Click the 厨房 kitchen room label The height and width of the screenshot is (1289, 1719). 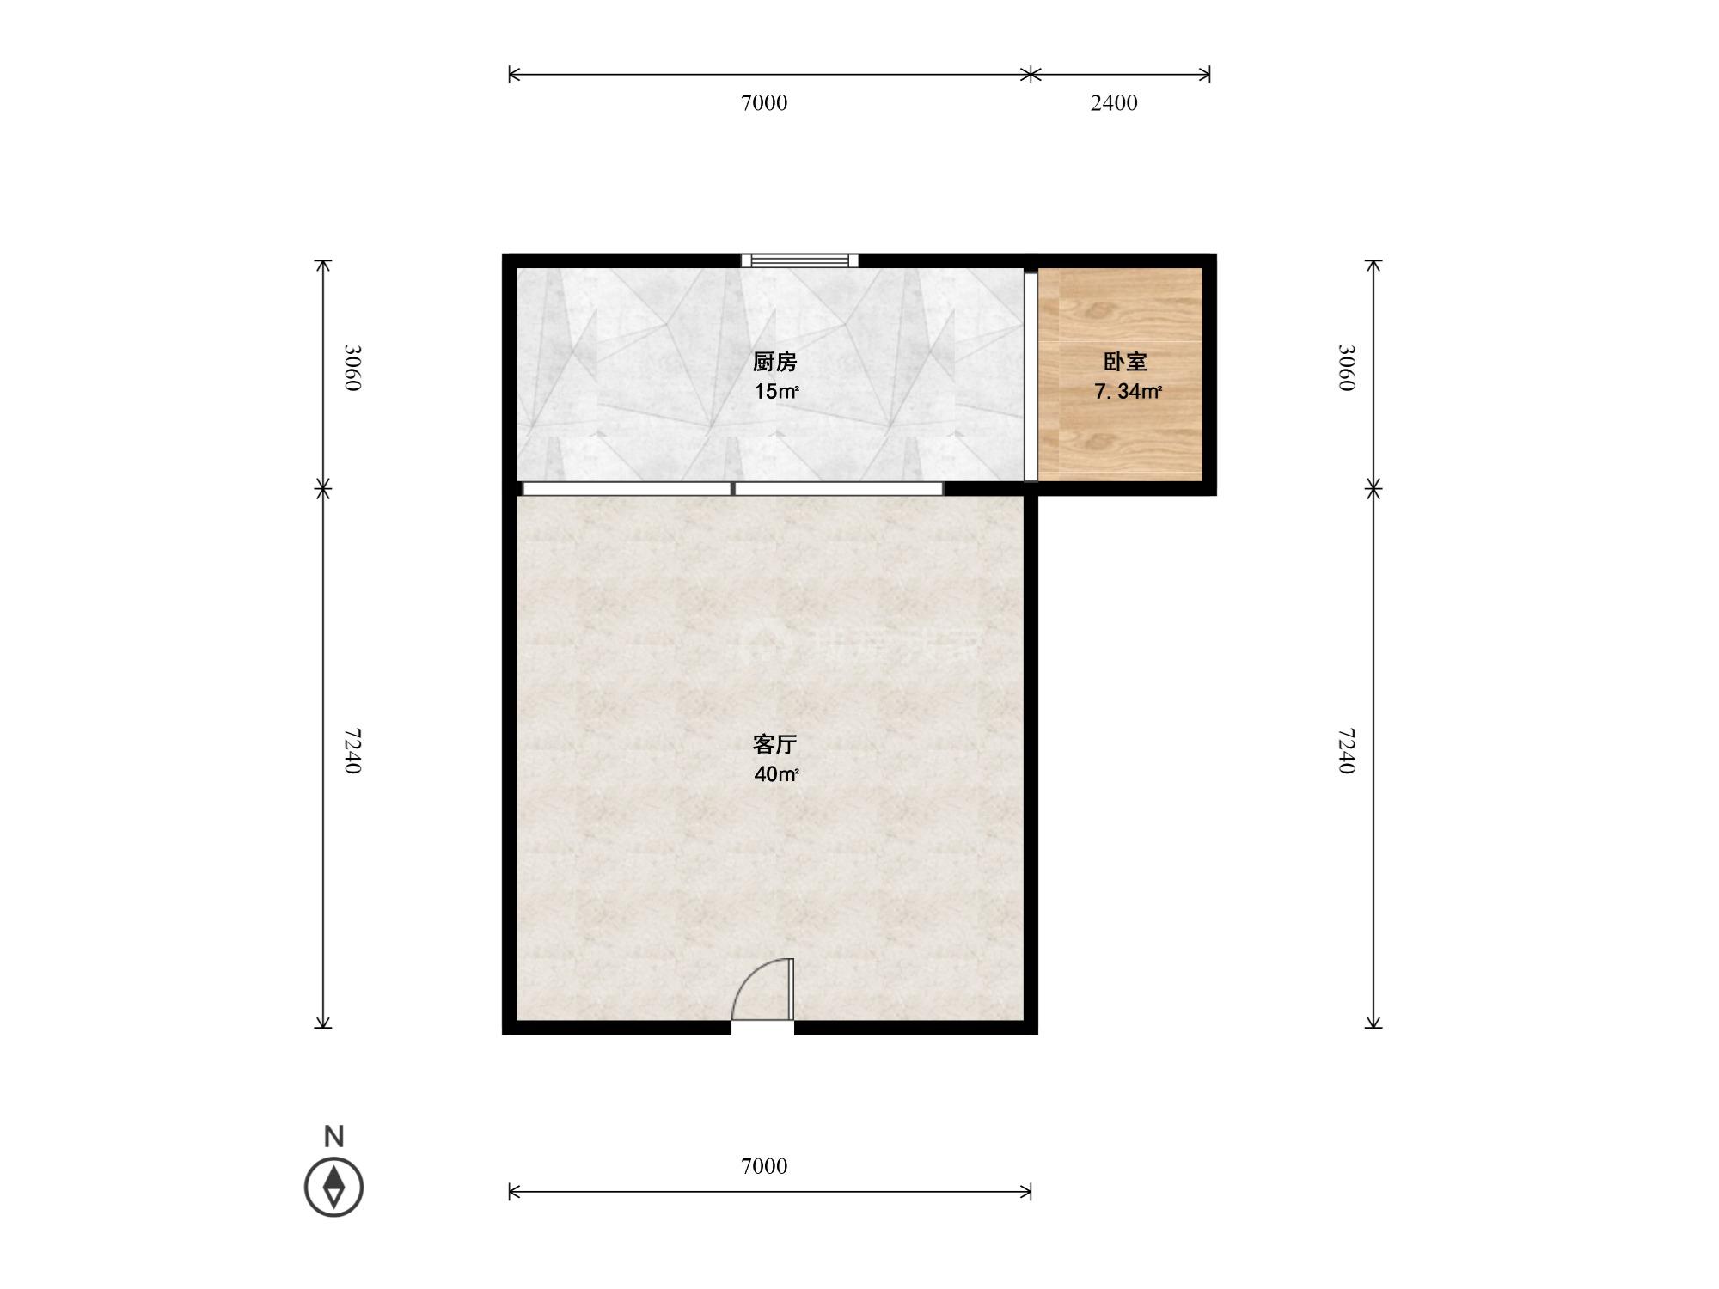pyautogui.click(x=775, y=363)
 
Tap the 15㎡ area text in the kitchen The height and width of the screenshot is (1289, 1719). pyautogui.click(x=777, y=393)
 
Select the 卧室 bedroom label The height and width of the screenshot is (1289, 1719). pyautogui.click(x=1125, y=363)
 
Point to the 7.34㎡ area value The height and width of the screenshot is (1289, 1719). pyautogui.click(x=1128, y=393)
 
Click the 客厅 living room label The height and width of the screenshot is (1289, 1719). pyautogui.click(x=775, y=744)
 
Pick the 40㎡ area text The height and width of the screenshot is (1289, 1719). pyautogui.click(x=777, y=774)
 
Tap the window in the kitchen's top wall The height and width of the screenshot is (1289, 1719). pyautogui.click(x=800, y=260)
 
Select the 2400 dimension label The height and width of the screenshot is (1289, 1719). pyautogui.click(x=1114, y=103)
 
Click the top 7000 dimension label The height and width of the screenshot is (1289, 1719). pyautogui.click(x=764, y=103)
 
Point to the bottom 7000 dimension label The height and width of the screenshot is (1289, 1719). pyautogui.click(x=764, y=1166)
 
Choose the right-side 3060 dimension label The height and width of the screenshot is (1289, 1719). pyautogui.click(x=1346, y=368)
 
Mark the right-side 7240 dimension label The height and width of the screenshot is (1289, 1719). pyautogui.click(x=1346, y=751)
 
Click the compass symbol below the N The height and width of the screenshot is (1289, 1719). pyautogui.click(x=333, y=1187)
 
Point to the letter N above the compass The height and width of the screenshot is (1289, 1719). pyautogui.click(x=333, y=1136)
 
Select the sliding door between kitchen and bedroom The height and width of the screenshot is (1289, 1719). pyautogui.click(x=1031, y=376)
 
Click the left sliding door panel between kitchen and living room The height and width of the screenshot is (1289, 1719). pyautogui.click(x=627, y=489)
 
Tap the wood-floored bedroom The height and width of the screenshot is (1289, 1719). pyautogui.click(x=1120, y=374)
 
